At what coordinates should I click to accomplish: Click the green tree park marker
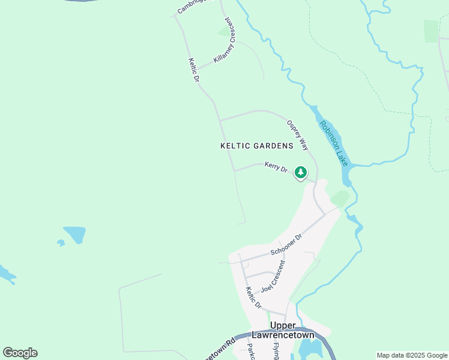coord(301,173)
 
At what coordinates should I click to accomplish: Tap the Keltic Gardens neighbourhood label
coord(256,146)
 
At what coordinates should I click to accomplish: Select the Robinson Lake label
coord(333,143)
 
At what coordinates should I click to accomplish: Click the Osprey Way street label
coord(297,134)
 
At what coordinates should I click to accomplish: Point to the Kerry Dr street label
coord(276,167)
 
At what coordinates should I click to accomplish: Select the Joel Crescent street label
coord(274,276)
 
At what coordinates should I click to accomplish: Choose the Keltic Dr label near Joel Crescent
coord(253,298)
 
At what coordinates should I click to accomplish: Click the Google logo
coord(20,353)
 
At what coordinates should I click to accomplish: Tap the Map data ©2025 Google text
coord(412,355)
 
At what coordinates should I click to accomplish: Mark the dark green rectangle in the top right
coord(431,31)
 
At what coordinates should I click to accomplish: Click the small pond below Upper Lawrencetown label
coord(309,347)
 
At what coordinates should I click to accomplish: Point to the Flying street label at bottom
coord(276,352)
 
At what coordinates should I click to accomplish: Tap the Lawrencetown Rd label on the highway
coord(220,350)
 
